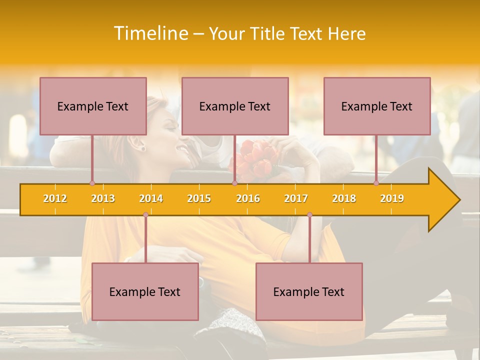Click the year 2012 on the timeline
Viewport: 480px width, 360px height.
click(55, 198)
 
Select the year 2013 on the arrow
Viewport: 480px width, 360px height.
click(103, 198)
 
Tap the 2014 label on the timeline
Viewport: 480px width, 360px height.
click(151, 198)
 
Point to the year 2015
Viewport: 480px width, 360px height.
click(199, 198)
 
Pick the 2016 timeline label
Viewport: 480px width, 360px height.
click(248, 198)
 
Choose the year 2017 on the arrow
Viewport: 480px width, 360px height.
click(296, 198)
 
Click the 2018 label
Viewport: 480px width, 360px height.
click(344, 198)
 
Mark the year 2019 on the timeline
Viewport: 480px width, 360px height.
click(392, 198)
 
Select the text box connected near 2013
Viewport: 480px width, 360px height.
click(93, 106)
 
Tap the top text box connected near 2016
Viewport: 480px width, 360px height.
click(235, 106)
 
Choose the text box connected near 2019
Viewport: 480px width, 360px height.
click(377, 106)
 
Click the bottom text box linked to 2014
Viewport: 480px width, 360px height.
click(145, 291)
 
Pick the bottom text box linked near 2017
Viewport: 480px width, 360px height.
click(309, 291)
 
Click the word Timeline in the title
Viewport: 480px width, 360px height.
click(150, 33)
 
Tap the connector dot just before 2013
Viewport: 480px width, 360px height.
click(92, 183)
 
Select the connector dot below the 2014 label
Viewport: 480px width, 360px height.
click(145, 214)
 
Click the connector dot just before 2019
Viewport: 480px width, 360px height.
click(376, 183)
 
